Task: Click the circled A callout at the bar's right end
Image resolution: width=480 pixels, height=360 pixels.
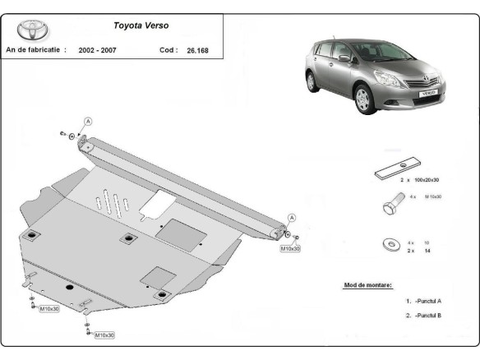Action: pos(290,218)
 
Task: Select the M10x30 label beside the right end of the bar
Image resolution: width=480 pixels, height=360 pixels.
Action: pos(290,247)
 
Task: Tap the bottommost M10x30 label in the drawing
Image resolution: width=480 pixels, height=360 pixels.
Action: pos(104,335)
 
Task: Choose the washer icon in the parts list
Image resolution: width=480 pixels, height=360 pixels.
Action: pos(386,245)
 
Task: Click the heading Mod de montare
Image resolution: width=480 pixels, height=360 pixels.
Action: pos(367,285)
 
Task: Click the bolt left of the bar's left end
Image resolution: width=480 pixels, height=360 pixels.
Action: pos(62,133)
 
